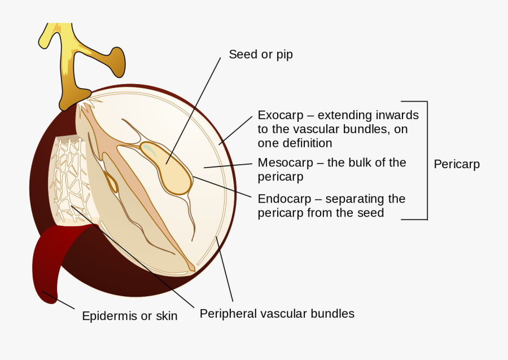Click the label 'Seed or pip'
point(260,55)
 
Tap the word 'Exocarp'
point(280,115)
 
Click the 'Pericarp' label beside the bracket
point(457,164)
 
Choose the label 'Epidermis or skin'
point(130,316)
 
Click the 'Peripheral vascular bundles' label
point(277,313)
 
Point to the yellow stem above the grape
point(68,62)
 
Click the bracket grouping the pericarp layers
point(427,160)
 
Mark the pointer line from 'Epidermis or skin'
point(59,301)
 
